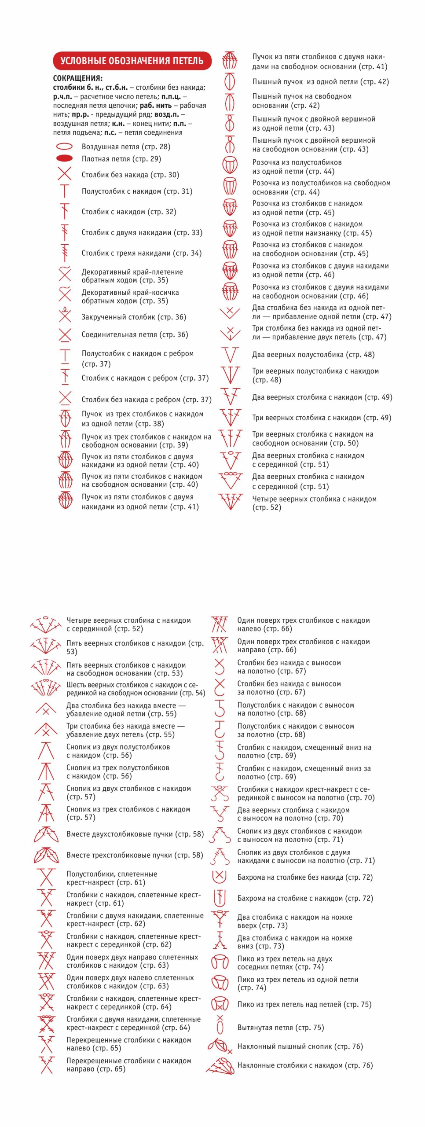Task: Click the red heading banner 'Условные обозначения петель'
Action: (x=132, y=61)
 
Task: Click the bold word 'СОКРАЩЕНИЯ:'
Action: (x=78, y=78)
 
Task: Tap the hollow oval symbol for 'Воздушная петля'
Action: (x=64, y=147)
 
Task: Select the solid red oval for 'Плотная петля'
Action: (x=64, y=158)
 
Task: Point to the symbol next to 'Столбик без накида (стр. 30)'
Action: (x=65, y=174)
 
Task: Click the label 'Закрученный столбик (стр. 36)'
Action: (x=134, y=317)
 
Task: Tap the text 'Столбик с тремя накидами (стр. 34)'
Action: (x=141, y=253)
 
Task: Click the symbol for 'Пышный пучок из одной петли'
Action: (x=230, y=82)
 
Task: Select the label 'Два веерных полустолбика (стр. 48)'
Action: (x=313, y=355)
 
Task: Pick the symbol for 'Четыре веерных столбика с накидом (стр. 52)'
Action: (x=231, y=502)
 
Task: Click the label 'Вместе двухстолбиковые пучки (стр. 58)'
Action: (x=135, y=834)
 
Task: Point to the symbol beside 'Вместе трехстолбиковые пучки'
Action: (x=46, y=855)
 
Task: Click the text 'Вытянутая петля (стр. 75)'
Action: (x=281, y=1028)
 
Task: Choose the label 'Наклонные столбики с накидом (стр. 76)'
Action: (x=305, y=1065)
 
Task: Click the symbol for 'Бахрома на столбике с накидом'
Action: (x=220, y=898)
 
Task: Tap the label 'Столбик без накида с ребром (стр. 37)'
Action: (x=147, y=400)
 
